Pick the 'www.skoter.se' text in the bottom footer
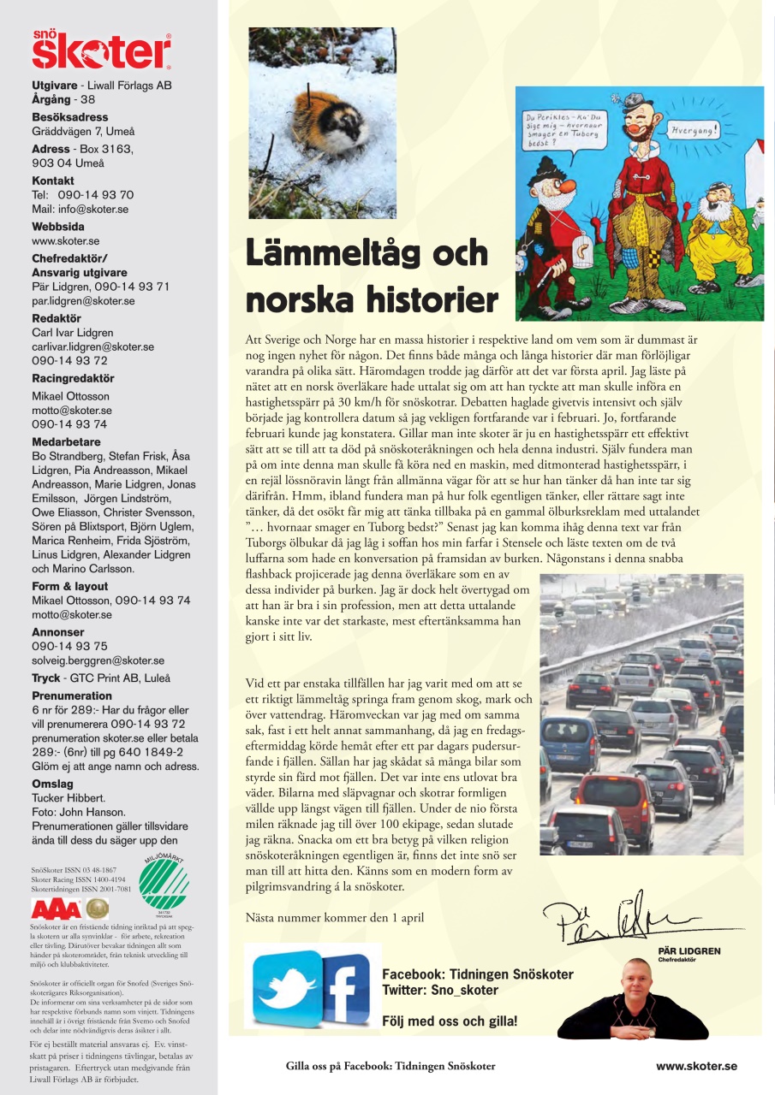pos(695,1066)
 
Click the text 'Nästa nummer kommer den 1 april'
pos(334,918)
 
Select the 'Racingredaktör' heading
pos(73,378)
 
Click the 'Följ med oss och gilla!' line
pos(449,1021)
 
